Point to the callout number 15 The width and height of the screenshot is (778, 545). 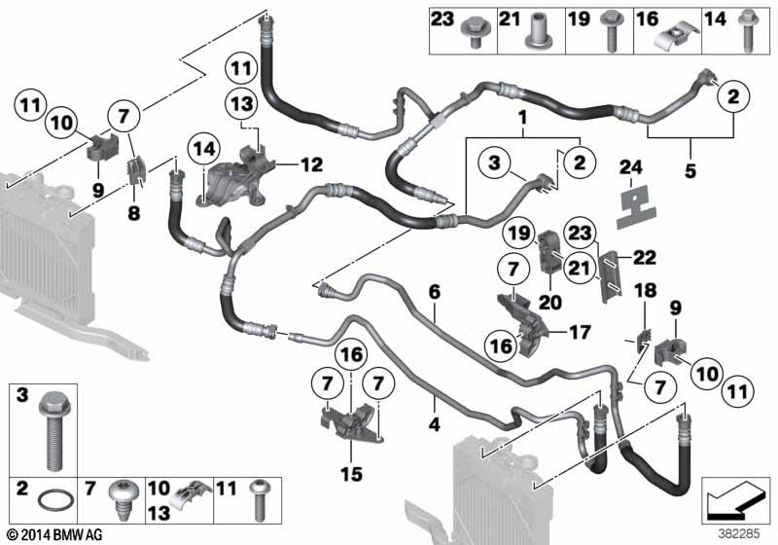pos(351,474)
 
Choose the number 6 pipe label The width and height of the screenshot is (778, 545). pos(434,292)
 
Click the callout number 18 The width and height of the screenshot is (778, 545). pos(642,291)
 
